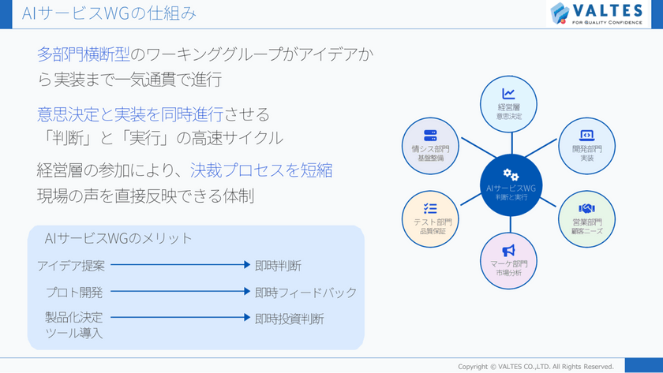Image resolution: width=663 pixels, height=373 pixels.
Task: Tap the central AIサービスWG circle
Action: [x=511, y=185]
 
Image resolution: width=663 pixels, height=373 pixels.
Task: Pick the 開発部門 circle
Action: [x=586, y=144]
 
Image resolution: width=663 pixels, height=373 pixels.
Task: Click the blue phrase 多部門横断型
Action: [x=81, y=54]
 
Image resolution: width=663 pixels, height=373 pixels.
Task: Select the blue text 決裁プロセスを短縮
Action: [x=260, y=170]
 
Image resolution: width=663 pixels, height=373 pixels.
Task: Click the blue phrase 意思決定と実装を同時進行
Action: [x=130, y=114]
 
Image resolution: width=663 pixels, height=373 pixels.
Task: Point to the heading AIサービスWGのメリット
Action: [x=118, y=237]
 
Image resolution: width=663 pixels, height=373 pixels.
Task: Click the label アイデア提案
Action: [x=71, y=266]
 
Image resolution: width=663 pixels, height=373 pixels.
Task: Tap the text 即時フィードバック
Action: [x=305, y=293]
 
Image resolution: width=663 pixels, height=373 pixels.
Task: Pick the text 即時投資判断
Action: [x=289, y=319]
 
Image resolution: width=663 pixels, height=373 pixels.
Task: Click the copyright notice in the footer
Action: [x=536, y=366]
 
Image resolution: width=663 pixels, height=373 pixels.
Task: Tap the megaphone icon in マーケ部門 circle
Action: [x=509, y=251]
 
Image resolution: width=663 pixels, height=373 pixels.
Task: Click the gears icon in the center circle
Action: [x=511, y=175]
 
